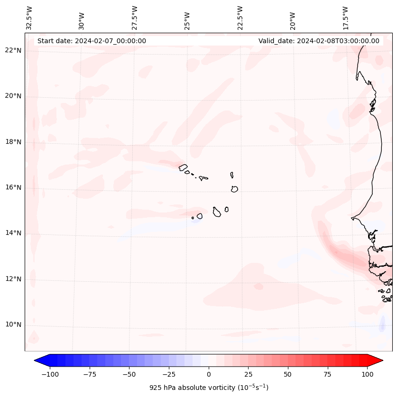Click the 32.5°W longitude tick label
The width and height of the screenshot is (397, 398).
click(x=29, y=18)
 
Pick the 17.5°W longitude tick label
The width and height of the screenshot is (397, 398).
click(x=345, y=18)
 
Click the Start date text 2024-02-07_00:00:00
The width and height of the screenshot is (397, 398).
click(x=92, y=41)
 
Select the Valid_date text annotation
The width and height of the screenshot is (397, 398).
click(x=319, y=41)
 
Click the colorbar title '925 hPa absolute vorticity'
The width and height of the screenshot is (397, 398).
click(x=209, y=388)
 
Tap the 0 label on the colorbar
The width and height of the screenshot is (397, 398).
click(x=209, y=374)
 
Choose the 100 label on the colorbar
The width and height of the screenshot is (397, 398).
click(x=367, y=374)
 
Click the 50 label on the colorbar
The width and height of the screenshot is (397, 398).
click(x=288, y=374)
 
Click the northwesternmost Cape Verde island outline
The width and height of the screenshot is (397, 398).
click(x=183, y=167)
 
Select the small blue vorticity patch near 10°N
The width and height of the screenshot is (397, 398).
click(x=382, y=324)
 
